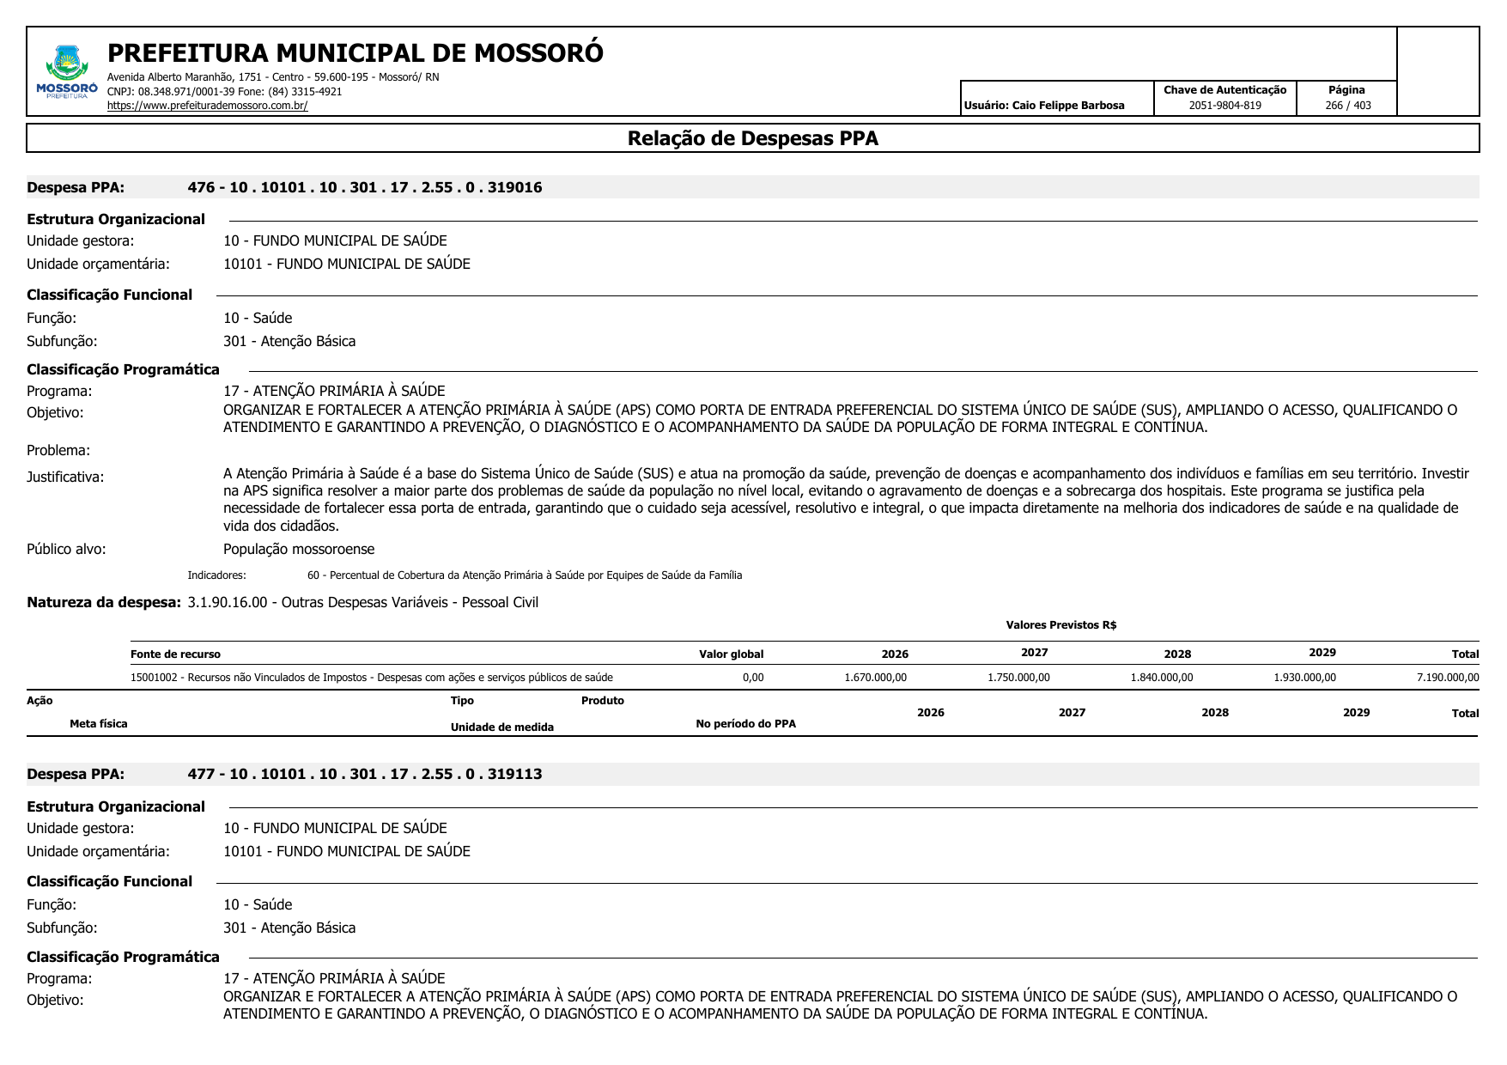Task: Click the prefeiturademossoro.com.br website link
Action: tap(207, 106)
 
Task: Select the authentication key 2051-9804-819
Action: tap(1224, 106)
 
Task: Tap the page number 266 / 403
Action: tap(1347, 106)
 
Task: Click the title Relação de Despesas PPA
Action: tap(752, 138)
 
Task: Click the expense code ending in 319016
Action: tap(365, 187)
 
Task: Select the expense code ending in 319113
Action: tap(365, 774)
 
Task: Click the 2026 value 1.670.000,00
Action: tap(875, 678)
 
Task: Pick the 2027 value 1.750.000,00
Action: tap(1018, 678)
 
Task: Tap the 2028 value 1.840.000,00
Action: tap(1161, 678)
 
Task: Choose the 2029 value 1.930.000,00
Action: tap(1304, 678)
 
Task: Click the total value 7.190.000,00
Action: tap(1447, 678)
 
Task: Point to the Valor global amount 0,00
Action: tap(753, 678)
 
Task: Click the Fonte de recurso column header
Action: tap(175, 654)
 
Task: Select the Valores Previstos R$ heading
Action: tap(1060, 625)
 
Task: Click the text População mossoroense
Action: tap(299, 549)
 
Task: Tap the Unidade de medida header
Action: tap(501, 727)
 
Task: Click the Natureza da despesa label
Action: tap(103, 602)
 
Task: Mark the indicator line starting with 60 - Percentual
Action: tap(524, 575)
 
